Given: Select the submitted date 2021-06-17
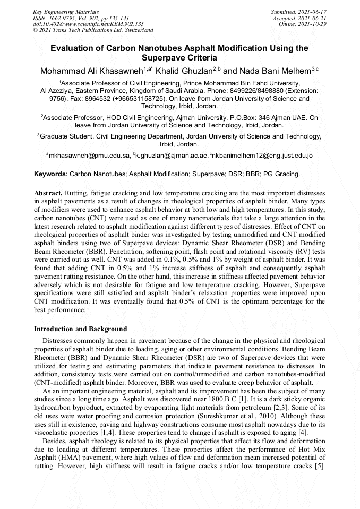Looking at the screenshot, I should pyautogui.click(x=312, y=11).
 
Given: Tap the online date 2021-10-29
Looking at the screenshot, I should pyautogui.click(x=314, y=24).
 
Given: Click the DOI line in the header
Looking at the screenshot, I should pyautogui.click(x=88, y=24).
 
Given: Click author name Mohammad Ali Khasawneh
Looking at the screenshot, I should pyautogui.click(x=91, y=71).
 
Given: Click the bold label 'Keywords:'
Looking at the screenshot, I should pyautogui.click(x=51, y=174).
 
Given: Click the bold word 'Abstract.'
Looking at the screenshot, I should pyautogui.click(x=48, y=192).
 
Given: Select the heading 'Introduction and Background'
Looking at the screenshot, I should pyautogui.click(x=81, y=329).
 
